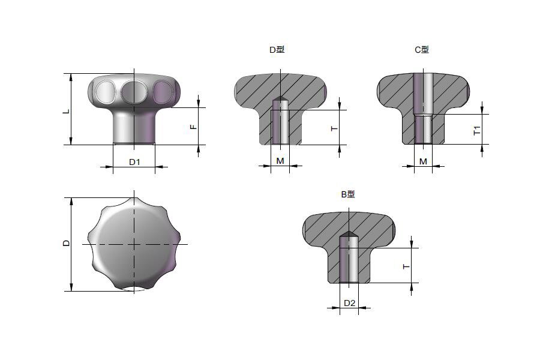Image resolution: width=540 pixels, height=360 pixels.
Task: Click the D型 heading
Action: point(277,50)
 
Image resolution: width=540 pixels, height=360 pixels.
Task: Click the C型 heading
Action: point(422,50)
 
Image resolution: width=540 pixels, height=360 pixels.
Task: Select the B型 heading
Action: point(348,194)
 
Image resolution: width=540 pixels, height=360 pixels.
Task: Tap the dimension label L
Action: point(67,111)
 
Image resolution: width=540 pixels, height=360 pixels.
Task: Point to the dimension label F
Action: point(194,127)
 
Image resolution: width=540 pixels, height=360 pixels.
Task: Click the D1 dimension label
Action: point(134,162)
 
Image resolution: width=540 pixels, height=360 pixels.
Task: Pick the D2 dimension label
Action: point(350,303)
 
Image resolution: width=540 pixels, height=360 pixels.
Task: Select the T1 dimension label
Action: point(477,131)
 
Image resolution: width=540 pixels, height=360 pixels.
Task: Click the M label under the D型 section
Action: point(280,161)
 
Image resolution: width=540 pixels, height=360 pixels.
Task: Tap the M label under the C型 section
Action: point(423,161)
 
